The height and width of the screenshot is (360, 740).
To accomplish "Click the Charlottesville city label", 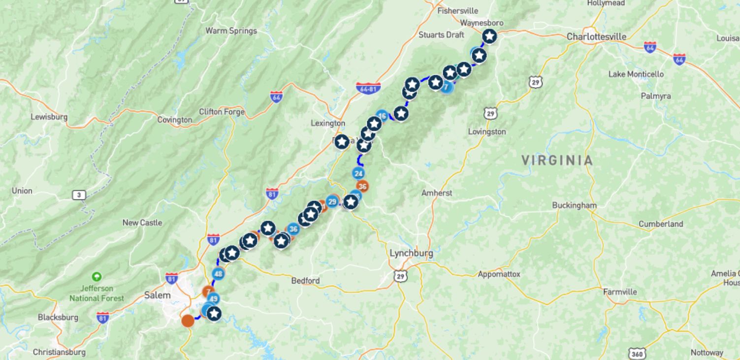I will click(596, 36).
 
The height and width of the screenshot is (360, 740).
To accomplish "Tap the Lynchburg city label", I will click(411, 253).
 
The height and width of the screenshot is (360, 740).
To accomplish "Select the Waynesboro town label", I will click(482, 23).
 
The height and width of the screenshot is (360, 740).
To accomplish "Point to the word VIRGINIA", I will click(557, 160).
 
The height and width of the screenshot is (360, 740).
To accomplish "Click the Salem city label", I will click(158, 295).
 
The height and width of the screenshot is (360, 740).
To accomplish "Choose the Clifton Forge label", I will click(222, 112).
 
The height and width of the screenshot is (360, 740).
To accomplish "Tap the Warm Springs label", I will click(231, 31).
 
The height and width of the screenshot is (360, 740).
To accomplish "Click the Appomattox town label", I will click(499, 274).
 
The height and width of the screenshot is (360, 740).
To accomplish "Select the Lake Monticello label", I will click(636, 74).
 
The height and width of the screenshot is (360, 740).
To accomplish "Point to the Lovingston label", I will click(487, 131).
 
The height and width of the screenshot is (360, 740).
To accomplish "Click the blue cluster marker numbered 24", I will click(358, 173).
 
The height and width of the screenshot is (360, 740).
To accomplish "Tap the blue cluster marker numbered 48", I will click(218, 274).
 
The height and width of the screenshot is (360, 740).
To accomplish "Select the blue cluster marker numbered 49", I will click(213, 298).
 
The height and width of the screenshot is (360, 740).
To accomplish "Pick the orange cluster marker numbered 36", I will click(362, 186).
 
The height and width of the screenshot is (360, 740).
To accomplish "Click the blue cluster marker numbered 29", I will click(332, 201).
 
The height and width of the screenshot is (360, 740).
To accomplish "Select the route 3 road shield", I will click(79, 195).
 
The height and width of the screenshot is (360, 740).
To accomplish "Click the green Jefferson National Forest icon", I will click(97, 277).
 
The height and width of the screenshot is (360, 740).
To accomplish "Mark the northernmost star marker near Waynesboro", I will click(489, 36).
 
